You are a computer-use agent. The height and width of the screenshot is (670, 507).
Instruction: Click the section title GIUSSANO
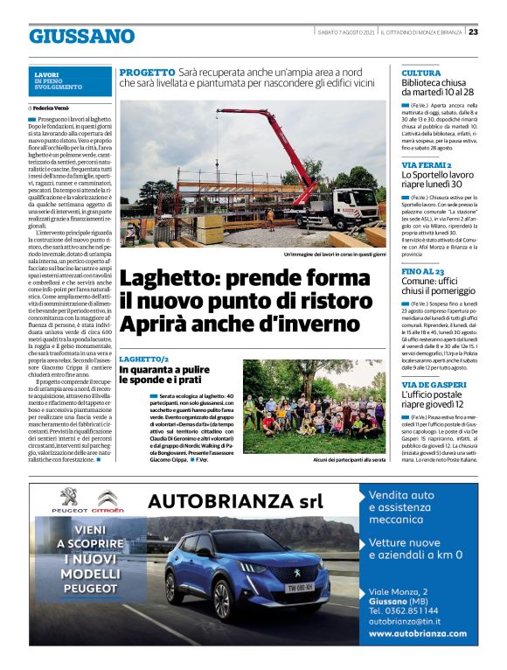pyautogui.click(x=81, y=36)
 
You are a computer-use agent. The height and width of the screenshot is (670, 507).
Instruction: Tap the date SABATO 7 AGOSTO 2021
pyautogui.click(x=345, y=31)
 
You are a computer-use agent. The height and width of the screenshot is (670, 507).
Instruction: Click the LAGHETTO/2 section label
pyautogui.click(x=145, y=359)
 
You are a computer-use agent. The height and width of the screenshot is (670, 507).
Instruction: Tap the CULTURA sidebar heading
pyautogui.click(x=421, y=73)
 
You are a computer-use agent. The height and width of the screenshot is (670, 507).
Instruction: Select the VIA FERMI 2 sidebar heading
pyautogui.click(x=426, y=164)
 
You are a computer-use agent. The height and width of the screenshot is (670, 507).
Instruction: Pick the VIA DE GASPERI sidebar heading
pyautogui.click(x=433, y=384)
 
